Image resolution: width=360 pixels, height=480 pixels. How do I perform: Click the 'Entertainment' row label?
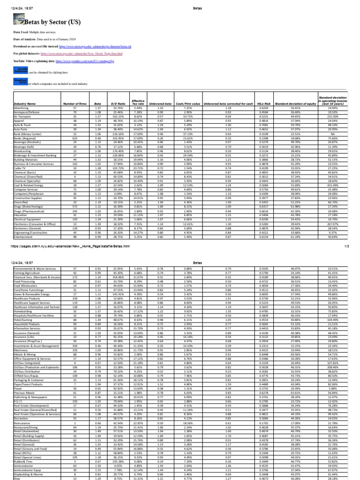tap(23, 237)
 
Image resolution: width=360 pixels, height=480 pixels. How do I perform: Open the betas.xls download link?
tap(93, 47)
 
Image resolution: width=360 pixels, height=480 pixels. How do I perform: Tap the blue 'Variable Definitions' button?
tap(21, 70)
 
